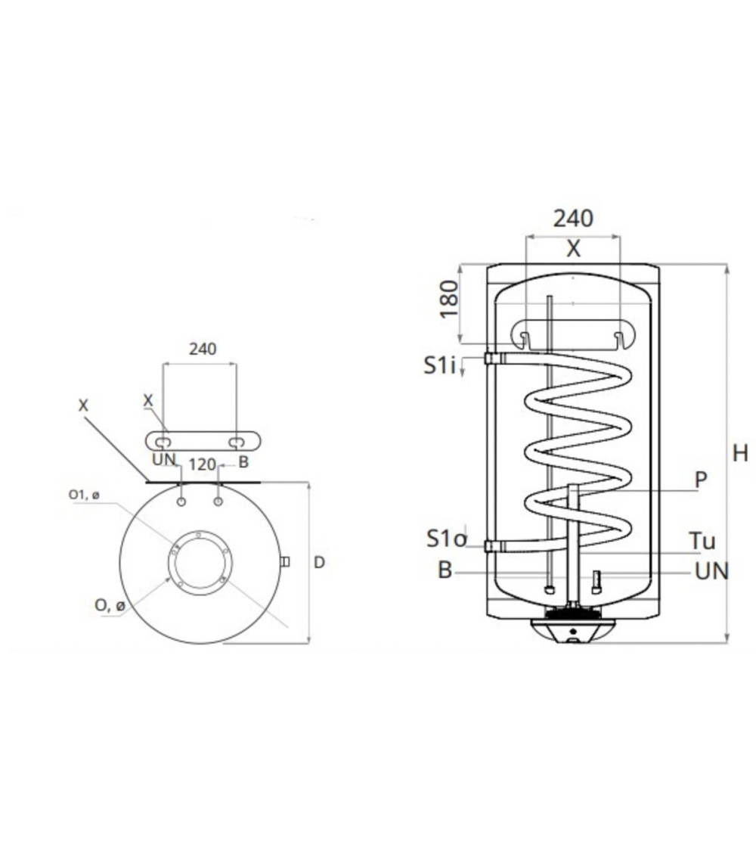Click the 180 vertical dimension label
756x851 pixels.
pyautogui.click(x=449, y=299)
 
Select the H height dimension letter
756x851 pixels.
pyautogui.click(x=739, y=453)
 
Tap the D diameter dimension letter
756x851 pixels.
pyautogui.click(x=320, y=563)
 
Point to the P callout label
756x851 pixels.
pyautogui.click(x=701, y=480)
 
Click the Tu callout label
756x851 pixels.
pyautogui.click(x=702, y=541)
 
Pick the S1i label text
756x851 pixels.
pyautogui.click(x=438, y=366)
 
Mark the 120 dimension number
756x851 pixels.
pyautogui.click(x=203, y=464)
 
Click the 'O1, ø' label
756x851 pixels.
pyautogui.click(x=84, y=495)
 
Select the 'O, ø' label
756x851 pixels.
pyautogui.click(x=110, y=605)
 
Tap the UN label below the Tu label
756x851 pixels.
pyautogui.click(x=711, y=572)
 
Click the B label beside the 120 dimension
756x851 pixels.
pyautogui.click(x=243, y=462)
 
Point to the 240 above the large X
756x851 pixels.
pyautogui.click(x=573, y=218)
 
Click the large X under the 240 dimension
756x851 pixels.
pyautogui.click(x=573, y=249)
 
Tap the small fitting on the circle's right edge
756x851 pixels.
pyautogui.click(x=284, y=561)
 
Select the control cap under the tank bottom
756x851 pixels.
pyautogui.click(x=573, y=631)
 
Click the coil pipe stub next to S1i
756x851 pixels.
pyautogui.click(x=494, y=359)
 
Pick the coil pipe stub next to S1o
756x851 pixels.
pyautogui.click(x=494, y=546)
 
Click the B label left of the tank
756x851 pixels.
pyautogui.click(x=445, y=570)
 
